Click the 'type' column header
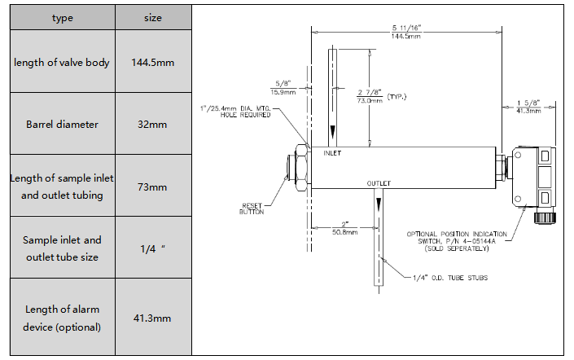click(x=62, y=18)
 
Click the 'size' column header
click(x=153, y=18)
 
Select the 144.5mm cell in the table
click(x=153, y=62)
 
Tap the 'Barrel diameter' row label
click(x=62, y=124)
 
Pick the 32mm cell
click(x=152, y=124)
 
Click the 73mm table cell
click(x=152, y=187)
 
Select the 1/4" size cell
click(x=152, y=248)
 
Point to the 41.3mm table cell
click(x=152, y=318)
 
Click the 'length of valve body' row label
click(x=62, y=62)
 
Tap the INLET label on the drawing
click(x=332, y=153)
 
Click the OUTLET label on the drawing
click(x=379, y=183)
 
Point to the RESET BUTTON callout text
click(x=252, y=209)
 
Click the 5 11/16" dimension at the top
click(x=406, y=32)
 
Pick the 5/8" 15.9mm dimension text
click(x=283, y=88)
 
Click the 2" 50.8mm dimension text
click(x=345, y=228)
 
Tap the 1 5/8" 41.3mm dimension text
click(x=528, y=107)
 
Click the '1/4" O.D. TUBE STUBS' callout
click(x=450, y=278)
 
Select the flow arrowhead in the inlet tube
click(x=332, y=132)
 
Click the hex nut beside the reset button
click(x=302, y=168)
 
